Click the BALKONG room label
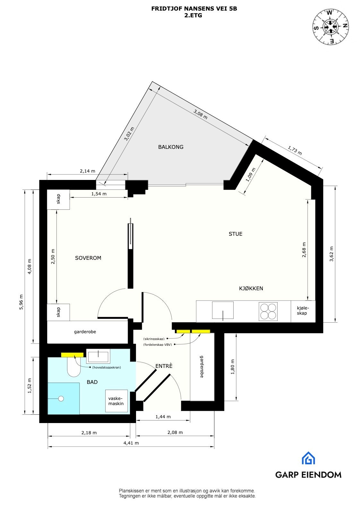click(171, 147)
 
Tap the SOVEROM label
click(88, 258)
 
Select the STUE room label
click(235, 234)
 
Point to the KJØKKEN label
click(251, 288)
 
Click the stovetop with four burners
click(268, 311)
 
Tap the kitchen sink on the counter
click(223, 310)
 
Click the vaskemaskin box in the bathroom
click(116, 401)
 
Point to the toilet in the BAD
click(73, 367)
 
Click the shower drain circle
click(61, 399)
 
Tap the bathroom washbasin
click(98, 356)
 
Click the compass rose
click(331, 27)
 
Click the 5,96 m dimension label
click(21, 302)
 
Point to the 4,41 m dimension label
click(131, 443)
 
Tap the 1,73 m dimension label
click(295, 150)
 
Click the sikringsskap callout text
click(154, 339)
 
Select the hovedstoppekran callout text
click(107, 368)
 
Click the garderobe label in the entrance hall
click(202, 366)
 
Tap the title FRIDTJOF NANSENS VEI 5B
click(194, 9)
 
